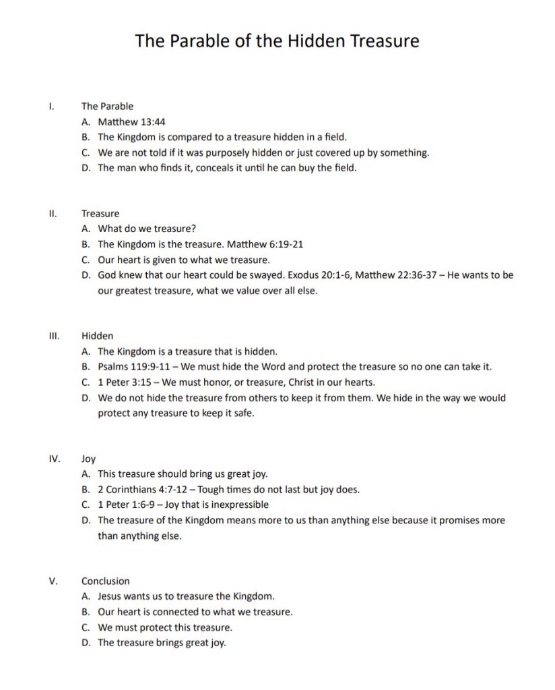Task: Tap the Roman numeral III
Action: (x=54, y=335)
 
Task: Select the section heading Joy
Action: (x=88, y=459)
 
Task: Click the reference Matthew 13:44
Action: (x=132, y=122)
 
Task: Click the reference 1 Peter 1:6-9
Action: (x=125, y=505)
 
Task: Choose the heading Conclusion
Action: (x=105, y=581)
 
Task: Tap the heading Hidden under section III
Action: (x=97, y=335)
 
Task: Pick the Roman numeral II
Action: (x=53, y=213)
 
